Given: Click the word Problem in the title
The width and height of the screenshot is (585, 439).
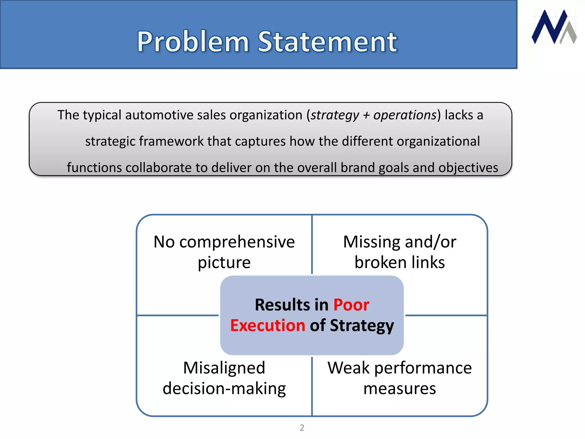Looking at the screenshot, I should click(193, 42).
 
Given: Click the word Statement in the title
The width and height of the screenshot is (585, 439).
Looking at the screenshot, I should click(327, 42).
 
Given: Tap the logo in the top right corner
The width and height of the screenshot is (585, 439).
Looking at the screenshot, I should click(554, 27).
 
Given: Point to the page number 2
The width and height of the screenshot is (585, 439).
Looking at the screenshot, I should click(302, 428).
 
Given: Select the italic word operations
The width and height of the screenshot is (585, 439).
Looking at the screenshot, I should click(405, 115).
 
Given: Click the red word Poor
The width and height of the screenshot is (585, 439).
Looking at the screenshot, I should click(351, 305).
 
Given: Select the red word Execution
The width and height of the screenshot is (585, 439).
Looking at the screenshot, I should click(268, 326).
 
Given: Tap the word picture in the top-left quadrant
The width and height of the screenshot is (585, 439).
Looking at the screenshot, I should click(224, 263).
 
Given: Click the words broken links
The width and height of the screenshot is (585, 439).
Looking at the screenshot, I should click(399, 262).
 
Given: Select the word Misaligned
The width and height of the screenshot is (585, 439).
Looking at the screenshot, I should click(224, 368).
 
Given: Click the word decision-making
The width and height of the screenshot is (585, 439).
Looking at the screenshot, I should click(224, 389).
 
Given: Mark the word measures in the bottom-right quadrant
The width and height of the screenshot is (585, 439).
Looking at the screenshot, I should click(399, 389).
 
